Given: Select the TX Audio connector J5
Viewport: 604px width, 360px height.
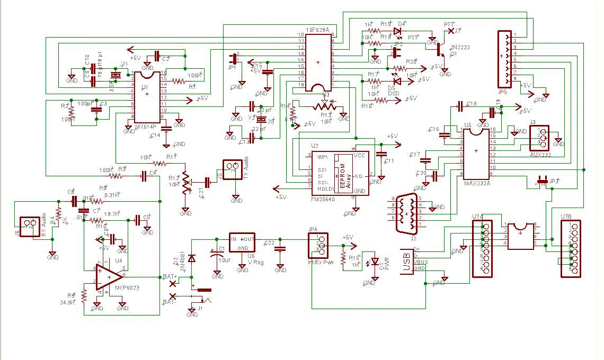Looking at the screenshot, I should pyautogui.click(x=232, y=169).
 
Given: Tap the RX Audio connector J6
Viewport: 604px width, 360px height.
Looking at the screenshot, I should pyautogui.click(x=29, y=227).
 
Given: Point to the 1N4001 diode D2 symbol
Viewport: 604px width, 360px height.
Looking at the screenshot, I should pyautogui.click(x=191, y=258).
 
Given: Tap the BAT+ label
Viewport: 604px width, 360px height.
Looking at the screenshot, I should pyautogui.click(x=170, y=276).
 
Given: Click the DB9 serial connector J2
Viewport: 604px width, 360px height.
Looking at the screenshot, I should pyautogui.click(x=406, y=213).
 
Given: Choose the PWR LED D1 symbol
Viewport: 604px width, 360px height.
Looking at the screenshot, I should pyautogui.click(x=375, y=262).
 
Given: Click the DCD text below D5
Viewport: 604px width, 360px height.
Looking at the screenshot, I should pyautogui.click(x=393, y=93).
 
